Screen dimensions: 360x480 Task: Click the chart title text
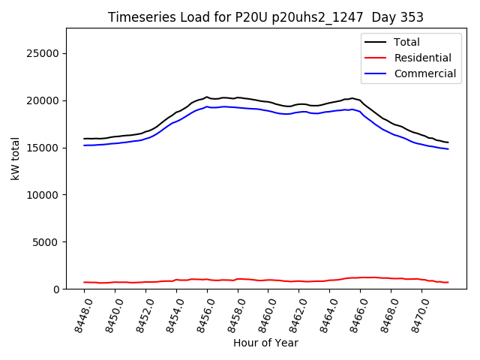(x=265, y=17)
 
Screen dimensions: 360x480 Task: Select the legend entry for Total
(x=406, y=42)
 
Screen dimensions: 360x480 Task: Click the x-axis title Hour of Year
(x=265, y=343)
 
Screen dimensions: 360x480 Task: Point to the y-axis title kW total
(x=15, y=158)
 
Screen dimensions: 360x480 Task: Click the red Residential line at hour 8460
(x=268, y=280)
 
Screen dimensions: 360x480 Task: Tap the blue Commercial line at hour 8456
(x=207, y=106)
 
